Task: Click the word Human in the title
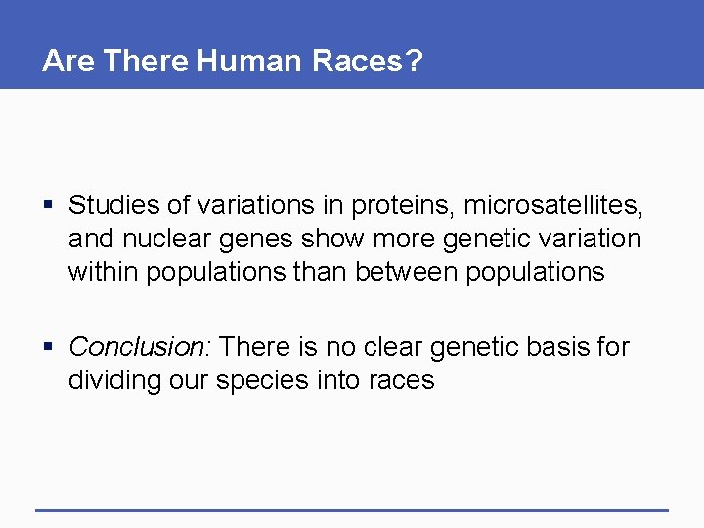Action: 250,62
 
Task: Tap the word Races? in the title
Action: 368,62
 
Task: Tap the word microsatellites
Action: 553,205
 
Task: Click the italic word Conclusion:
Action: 142,347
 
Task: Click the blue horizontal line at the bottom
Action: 352,510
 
